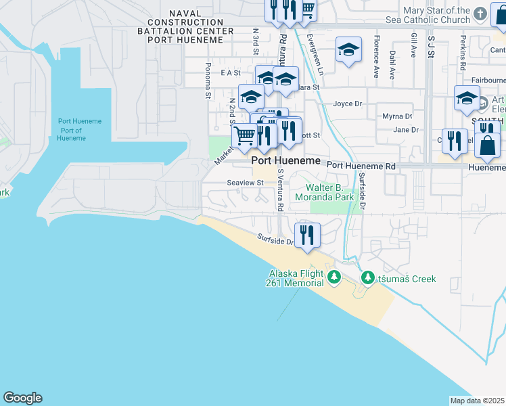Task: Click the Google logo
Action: pyautogui.click(x=22, y=398)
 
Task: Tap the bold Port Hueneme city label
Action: pyautogui.click(x=285, y=161)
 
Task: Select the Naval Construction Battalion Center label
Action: pyautogui.click(x=180, y=26)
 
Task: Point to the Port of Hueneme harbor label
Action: pyautogui.click(x=71, y=130)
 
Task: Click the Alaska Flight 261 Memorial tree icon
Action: pyautogui.click(x=333, y=277)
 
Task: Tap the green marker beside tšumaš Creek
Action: pyautogui.click(x=368, y=277)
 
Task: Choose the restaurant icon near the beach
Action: pyautogui.click(x=308, y=235)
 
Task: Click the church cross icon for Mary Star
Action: pyautogui.click(x=480, y=14)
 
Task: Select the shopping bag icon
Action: pyautogui.click(x=487, y=143)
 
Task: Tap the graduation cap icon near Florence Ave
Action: pyautogui.click(x=348, y=49)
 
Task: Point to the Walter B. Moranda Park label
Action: pyautogui.click(x=325, y=192)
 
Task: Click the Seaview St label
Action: pyautogui.click(x=245, y=183)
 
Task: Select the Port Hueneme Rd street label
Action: pyautogui.click(x=361, y=166)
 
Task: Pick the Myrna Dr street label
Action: pyautogui.click(x=397, y=116)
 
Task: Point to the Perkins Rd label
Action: pyautogui.click(x=462, y=55)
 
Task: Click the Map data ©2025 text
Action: pyautogui.click(x=477, y=401)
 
